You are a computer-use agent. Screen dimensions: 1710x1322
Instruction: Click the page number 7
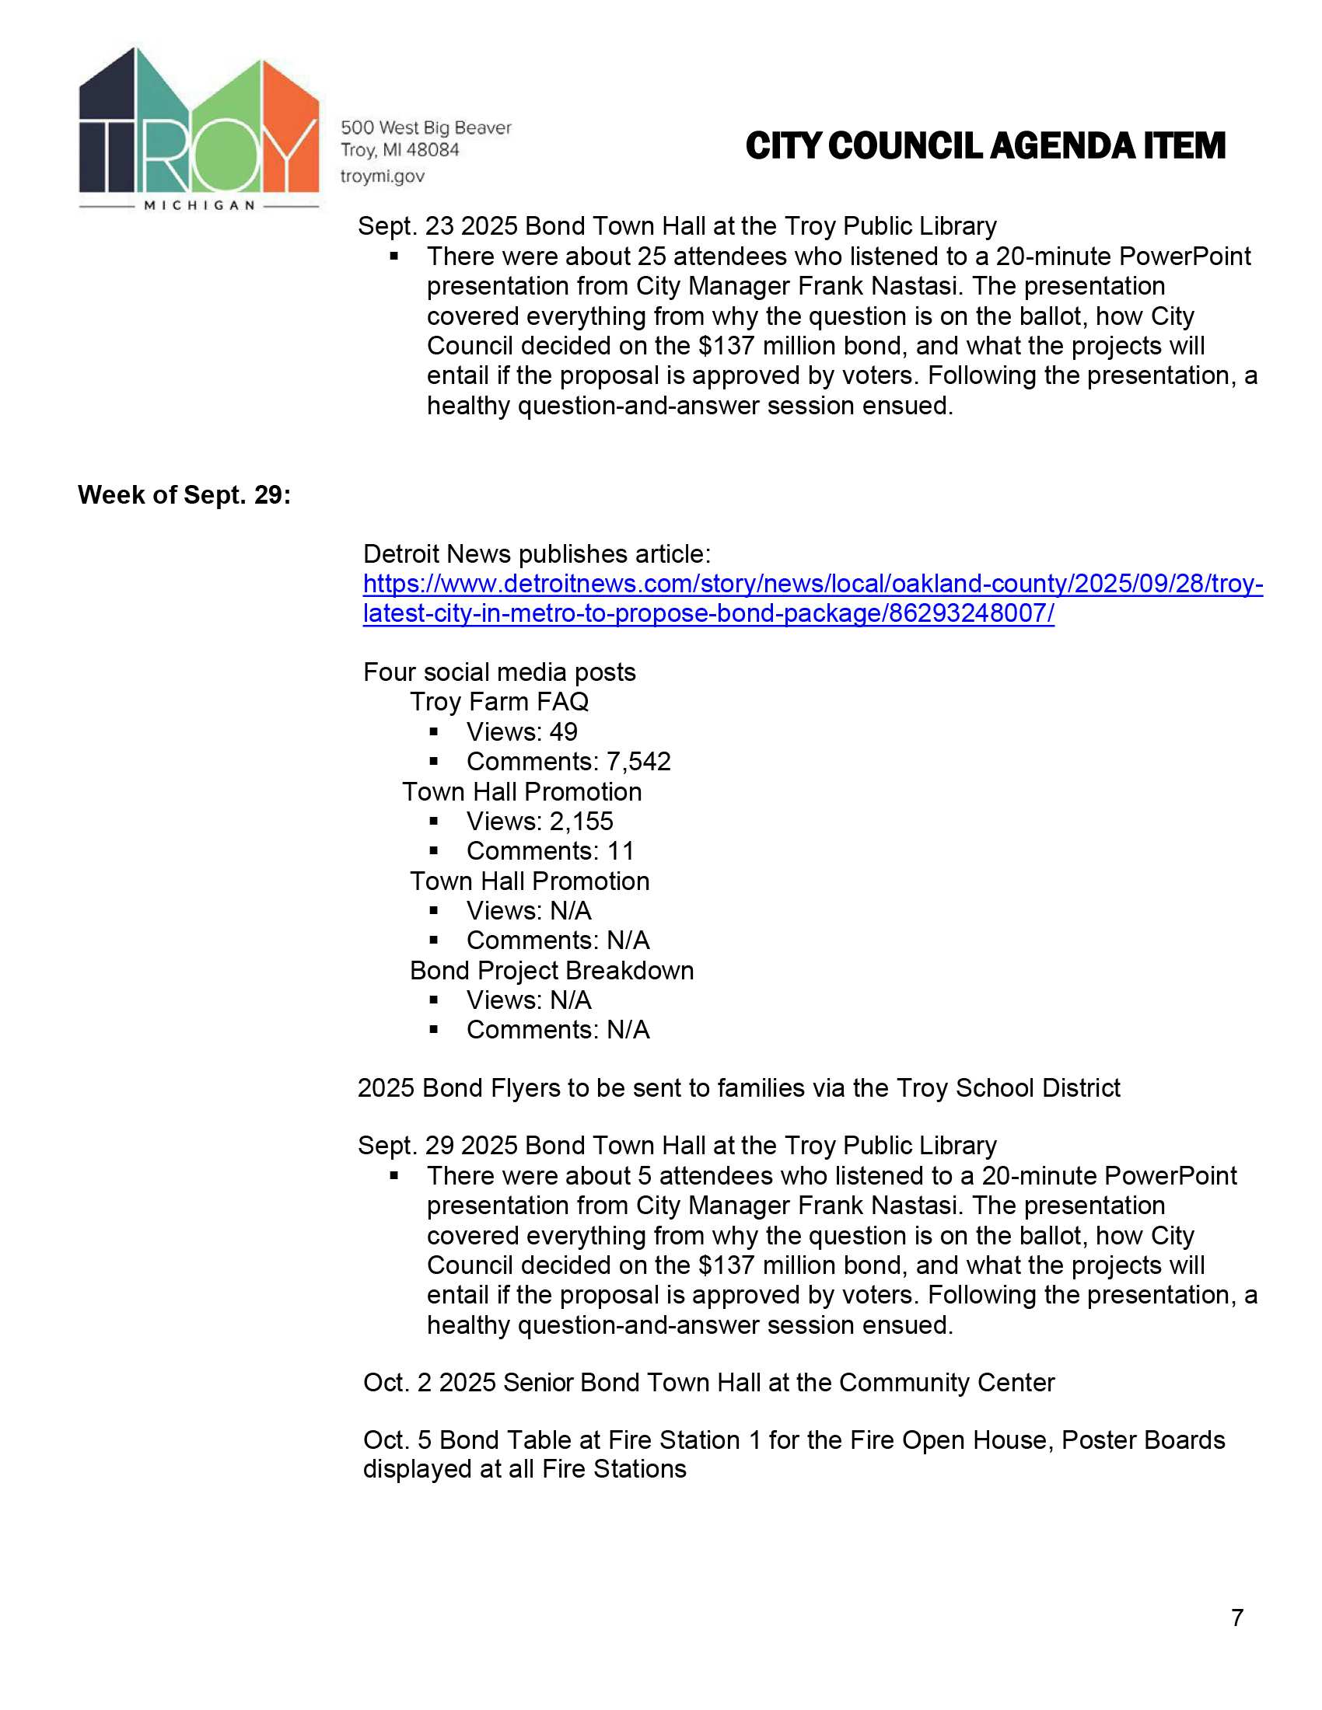coord(1236,1617)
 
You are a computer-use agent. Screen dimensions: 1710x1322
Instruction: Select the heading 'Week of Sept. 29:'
coord(184,495)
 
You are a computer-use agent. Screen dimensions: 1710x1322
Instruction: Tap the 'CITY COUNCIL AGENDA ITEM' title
coord(985,146)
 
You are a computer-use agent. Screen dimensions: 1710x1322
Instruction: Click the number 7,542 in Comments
coord(638,761)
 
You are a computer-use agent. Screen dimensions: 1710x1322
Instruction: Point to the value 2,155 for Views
coord(581,821)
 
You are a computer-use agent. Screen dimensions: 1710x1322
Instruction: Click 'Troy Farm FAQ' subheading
coord(499,702)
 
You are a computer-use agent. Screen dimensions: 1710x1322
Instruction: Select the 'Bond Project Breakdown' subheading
coord(551,970)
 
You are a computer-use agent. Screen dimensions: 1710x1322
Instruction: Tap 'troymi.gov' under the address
coord(382,176)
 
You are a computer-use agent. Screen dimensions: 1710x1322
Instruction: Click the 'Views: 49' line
coord(522,731)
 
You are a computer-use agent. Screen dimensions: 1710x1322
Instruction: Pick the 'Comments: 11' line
coord(550,850)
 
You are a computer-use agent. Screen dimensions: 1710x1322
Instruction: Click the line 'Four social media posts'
coord(499,672)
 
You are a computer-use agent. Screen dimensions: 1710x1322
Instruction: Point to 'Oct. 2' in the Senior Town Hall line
coord(397,1382)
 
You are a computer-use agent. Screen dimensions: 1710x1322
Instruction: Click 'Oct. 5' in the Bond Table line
coord(397,1440)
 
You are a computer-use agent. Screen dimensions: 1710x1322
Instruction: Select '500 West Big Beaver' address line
coord(425,127)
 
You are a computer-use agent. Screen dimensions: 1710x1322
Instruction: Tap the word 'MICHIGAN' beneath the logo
coord(200,205)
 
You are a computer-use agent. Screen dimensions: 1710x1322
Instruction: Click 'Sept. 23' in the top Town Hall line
coord(405,225)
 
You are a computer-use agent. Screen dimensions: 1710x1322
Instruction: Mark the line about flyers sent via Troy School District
coord(739,1087)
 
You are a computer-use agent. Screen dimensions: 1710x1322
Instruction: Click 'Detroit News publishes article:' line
coord(537,553)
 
